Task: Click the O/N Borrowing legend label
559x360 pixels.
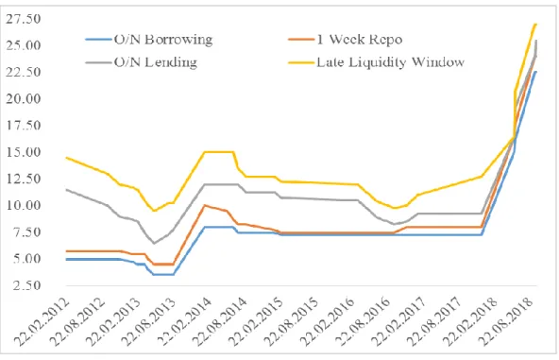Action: pyautogui.click(x=163, y=40)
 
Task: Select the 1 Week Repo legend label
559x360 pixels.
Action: pyautogui.click(x=360, y=40)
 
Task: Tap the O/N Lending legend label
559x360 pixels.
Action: pyautogui.click(x=156, y=62)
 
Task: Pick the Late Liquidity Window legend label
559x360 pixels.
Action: pyautogui.click(x=390, y=62)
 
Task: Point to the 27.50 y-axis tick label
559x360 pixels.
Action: pyautogui.click(x=24, y=19)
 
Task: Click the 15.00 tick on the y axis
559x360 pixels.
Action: pyautogui.click(x=24, y=152)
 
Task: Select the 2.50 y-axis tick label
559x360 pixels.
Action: pyautogui.click(x=26, y=285)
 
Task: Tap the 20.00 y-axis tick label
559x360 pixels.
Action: pyautogui.click(x=24, y=99)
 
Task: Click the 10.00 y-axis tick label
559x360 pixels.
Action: pyautogui.click(x=24, y=205)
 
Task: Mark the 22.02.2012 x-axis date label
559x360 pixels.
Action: pyautogui.click(x=42, y=321)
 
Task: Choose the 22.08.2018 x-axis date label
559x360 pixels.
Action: pyautogui.click(x=506, y=321)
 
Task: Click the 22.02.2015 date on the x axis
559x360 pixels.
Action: pyautogui.click(x=257, y=321)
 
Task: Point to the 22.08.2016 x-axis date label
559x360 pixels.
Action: pyautogui.click(x=364, y=321)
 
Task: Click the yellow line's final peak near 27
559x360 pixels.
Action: pyautogui.click(x=535, y=25)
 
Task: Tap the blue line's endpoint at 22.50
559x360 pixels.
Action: pyautogui.click(x=535, y=72)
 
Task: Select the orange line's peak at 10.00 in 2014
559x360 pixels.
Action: pyautogui.click(x=204, y=205)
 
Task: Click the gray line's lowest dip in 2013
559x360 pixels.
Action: pyautogui.click(x=154, y=243)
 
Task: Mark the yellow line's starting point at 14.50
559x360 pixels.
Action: pyautogui.click(x=66, y=158)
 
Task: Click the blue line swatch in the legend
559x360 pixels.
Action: pyautogui.click(x=98, y=40)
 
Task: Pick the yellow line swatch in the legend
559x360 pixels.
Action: pyautogui.click(x=301, y=63)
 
